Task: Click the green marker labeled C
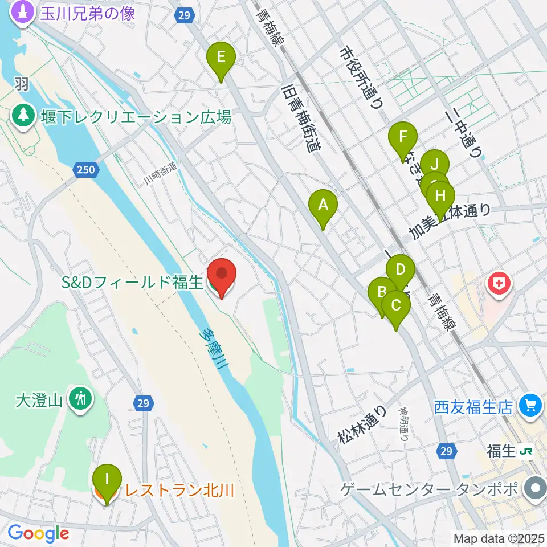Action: point(395,305)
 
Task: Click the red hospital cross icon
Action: point(499,285)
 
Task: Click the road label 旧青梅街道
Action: point(301,119)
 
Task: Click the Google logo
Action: point(38,533)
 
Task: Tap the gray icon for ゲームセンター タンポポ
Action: point(536,488)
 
